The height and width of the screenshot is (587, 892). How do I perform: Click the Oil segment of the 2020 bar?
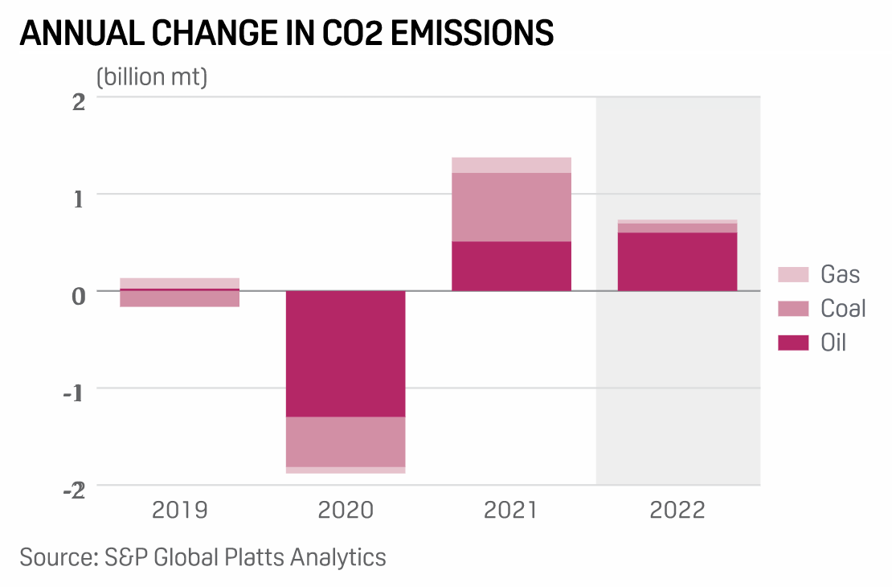point(346,353)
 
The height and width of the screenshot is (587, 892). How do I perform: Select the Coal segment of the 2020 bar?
point(346,441)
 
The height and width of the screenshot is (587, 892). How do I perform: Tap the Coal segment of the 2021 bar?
point(511,207)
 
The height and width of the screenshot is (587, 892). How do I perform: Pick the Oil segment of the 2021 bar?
point(511,265)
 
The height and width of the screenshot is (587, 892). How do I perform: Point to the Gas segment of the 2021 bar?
point(511,165)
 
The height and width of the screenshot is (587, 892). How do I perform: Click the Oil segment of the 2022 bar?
point(677,261)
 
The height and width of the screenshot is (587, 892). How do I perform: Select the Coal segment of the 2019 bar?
point(179,298)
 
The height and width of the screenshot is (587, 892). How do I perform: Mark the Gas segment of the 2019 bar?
point(179,282)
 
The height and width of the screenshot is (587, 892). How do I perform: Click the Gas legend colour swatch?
point(792,274)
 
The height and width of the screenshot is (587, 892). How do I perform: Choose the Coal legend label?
point(843,309)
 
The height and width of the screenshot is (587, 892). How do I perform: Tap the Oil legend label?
point(833,343)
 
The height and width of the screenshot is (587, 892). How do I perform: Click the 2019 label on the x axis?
point(179,511)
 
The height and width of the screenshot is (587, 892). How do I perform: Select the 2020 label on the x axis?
point(346,511)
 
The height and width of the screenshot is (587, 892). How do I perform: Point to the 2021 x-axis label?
point(511,511)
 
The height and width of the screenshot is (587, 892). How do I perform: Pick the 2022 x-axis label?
point(677,511)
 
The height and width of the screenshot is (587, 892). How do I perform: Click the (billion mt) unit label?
point(152,77)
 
